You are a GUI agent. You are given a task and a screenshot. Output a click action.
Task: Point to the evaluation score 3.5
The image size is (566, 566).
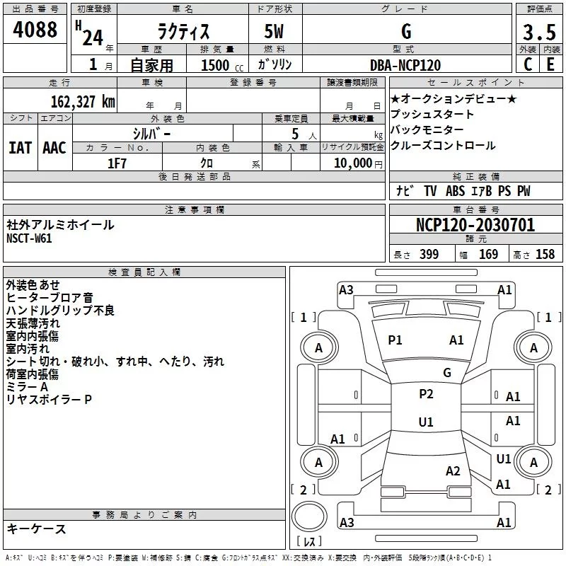click(x=537, y=33)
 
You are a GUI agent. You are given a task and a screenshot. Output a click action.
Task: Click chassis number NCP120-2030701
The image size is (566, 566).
click(x=475, y=226)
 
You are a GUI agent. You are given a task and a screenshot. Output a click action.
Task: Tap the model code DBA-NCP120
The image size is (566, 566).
click(x=405, y=65)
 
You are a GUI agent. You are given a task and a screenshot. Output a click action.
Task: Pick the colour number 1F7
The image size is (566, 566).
click(x=117, y=163)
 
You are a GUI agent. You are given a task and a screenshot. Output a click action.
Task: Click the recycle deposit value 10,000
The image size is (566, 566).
click(x=352, y=163)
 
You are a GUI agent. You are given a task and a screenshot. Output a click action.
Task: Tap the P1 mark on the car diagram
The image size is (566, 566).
click(x=395, y=340)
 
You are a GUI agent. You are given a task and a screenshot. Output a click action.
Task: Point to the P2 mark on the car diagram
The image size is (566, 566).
click(x=426, y=394)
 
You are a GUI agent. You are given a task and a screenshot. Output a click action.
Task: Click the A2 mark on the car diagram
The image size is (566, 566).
click(x=454, y=471)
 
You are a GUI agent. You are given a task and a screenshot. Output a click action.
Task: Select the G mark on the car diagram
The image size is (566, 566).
click(x=447, y=373)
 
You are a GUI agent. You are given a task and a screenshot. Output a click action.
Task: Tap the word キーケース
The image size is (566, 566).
click(x=36, y=529)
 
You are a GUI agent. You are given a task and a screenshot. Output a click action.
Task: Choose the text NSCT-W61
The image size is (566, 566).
click(x=29, y=238)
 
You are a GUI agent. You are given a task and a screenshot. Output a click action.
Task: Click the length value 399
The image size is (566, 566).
click(x=428, y=255)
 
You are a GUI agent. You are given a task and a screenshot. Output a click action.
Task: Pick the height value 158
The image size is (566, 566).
click(x=545, y=255)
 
